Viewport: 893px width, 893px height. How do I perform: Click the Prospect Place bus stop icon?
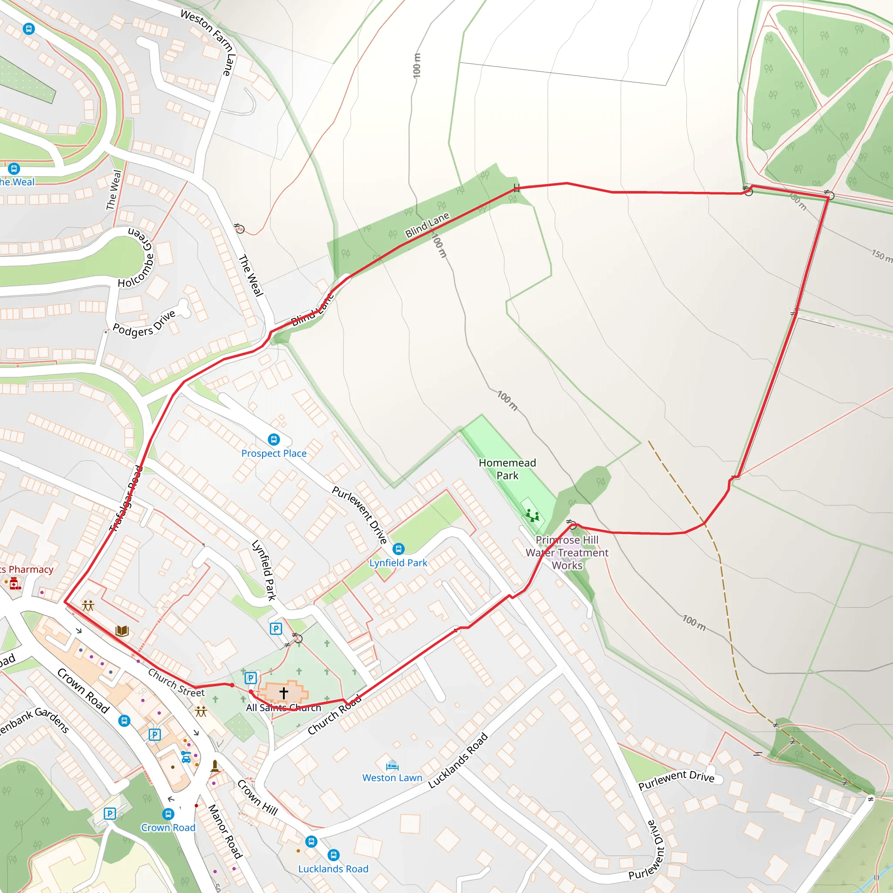274,439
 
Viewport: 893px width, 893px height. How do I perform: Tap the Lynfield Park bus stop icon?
399,549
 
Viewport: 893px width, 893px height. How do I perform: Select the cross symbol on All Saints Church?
284,693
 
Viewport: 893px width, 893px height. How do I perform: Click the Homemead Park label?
507,469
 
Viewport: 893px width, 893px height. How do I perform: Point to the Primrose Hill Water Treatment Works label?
567,552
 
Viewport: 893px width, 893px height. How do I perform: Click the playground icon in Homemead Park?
532,515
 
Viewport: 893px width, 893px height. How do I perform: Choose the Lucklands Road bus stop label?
333,869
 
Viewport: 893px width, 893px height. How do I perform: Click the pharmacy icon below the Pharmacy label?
15,583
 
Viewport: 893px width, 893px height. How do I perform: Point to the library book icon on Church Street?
122,631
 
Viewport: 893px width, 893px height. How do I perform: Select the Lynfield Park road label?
264,570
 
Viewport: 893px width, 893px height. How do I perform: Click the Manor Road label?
225,832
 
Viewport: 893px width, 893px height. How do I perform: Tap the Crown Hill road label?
257,798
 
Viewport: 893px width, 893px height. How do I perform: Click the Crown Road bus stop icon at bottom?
168,814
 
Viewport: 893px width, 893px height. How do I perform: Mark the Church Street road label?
176,683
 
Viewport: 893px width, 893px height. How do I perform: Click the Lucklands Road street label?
458,760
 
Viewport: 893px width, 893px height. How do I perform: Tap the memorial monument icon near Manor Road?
215,765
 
